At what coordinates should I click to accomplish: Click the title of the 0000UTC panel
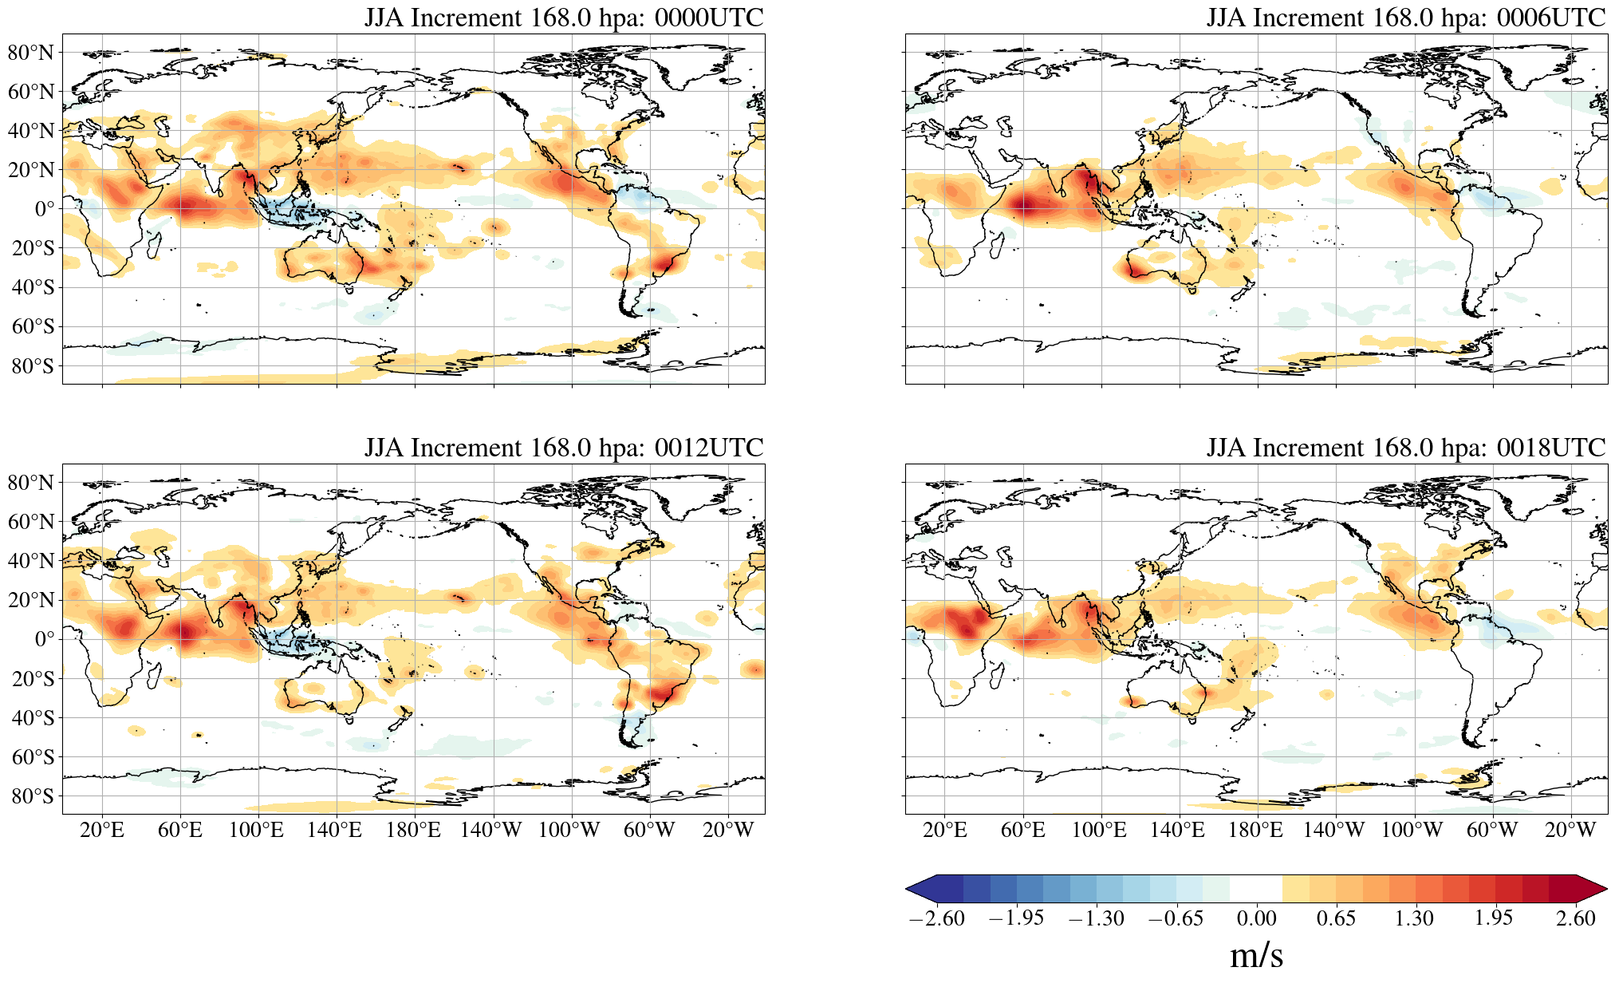[x=563, y=18]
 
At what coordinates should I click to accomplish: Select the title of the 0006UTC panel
[x=1405, y=18]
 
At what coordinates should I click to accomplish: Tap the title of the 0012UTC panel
[x=563, y=448]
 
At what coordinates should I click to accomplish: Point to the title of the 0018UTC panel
[x=1405, y=448]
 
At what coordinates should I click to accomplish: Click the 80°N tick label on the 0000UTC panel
[x=30, y=53]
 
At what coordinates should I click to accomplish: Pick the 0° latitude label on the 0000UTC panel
[x=45, y=209]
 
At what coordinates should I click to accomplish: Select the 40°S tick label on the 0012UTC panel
[x=33, y=718]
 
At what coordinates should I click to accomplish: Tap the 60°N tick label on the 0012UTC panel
[x=30, y=522]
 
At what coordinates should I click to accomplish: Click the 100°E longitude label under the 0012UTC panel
[x=256, y=830]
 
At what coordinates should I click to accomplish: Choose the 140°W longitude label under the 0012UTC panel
[x=490, y=830]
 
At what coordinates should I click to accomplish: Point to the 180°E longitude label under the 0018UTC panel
[x=1255, y=830]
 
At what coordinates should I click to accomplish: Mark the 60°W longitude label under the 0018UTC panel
[x=1491, y=830]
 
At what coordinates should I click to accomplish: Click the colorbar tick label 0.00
[x=1256, y=918]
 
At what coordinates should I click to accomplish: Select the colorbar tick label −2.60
[x=936, y=918]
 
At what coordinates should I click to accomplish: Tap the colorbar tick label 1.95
[x=1493, y=918]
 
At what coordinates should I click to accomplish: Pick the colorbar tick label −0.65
[x=1175, y=918]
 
